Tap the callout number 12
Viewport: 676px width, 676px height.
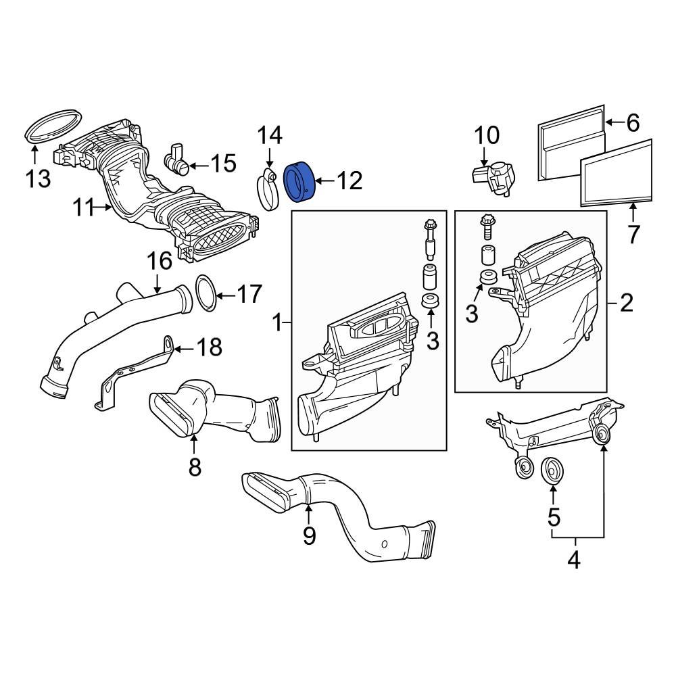coord(350,180)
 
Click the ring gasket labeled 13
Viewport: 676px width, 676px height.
coord(53,124)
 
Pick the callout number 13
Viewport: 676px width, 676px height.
coord(38,179)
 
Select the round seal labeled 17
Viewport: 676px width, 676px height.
coord(206,294)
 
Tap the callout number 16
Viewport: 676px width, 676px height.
coord(160,261)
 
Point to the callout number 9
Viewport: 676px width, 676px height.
coord(309,535)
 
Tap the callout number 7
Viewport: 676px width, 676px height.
coord(633,234)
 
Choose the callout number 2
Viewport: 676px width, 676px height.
coord(627,304)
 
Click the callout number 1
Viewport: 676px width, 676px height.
coord(276,324)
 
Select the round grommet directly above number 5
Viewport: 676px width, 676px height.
coord(553,471)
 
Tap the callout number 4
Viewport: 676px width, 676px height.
coord(573,560)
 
